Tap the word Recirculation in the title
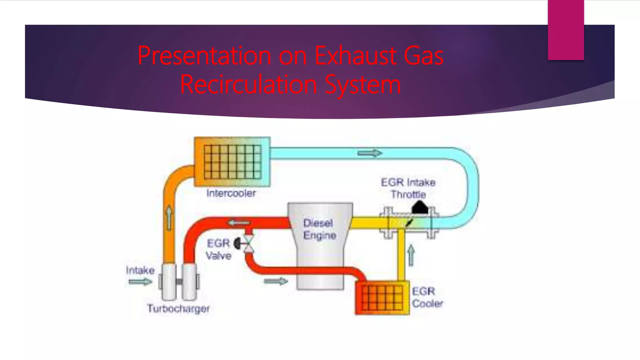pyautogui.click(x=248, y=84)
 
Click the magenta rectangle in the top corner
pyautogui.click(x=566, y=30)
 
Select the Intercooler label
pyautogui.click(x=231, y=193)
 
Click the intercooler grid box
pyautogui.click(x=232, y=162)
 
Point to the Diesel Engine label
pyautogui.click(x=319, y=229)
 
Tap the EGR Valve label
pyautogui.click(x=218, y=249)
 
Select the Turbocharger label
pyautogui.click(x=178, y=309)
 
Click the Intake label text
pyautogui.click(x=140, y=270)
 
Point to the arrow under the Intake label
pyautogui.click(x=140, y=282)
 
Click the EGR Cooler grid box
pyautogui.click(x=382, y=298)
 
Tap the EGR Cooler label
pyautogui.click(x=427, y=297)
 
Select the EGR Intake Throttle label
pyautogui.click(x=408, y=188)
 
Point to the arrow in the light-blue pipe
pyautogui.click(x=370, y=153)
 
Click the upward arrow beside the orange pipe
pyautogui.click(x=169, y=218)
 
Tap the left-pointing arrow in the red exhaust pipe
pyautogui.click(x=239, y=223)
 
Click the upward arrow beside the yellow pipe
pyautogui.click(x=411, y=255)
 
